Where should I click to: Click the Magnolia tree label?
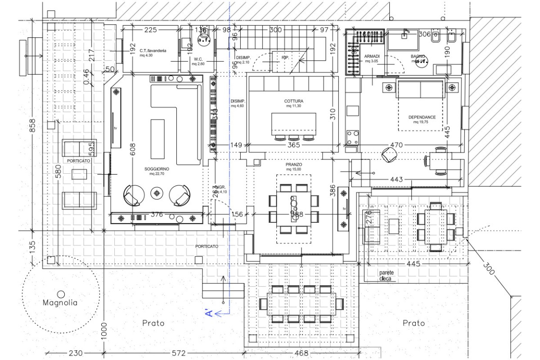[x=60, y=303]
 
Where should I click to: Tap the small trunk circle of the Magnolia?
[x=60, y=293]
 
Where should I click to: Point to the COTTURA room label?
[x=293, y=101]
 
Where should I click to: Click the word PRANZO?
[x=293, y=165]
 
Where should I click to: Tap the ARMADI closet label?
[x=372, y=56]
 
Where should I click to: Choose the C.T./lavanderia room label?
[x=153, y=51]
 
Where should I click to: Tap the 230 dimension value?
[x=74, y=354]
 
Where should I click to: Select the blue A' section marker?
[x=208, y=313]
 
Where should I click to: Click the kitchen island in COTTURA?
[x=293, y=123]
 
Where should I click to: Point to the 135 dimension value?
[x=32, y=247]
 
